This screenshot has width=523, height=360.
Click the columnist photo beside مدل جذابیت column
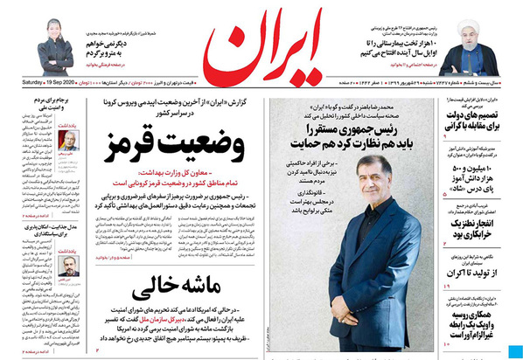pos(67,265)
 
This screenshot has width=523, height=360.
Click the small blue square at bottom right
pos(511,351)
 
